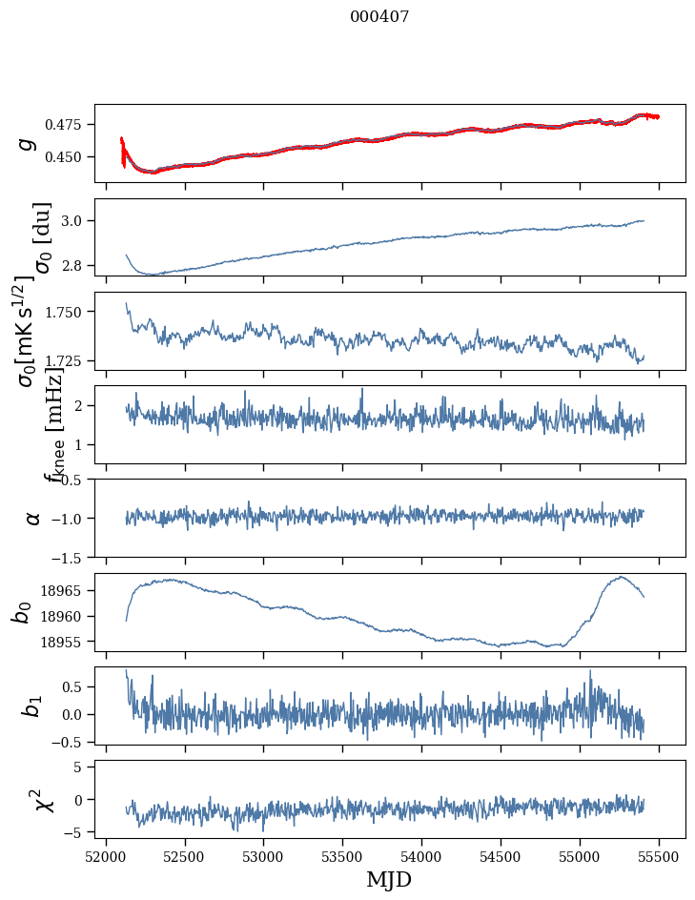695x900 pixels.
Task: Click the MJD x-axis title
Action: [x=389, y=879]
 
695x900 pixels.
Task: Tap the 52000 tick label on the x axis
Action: [x=106, y=855]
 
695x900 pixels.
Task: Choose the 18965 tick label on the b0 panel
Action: [x=65, y=591]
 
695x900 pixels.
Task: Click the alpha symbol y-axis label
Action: [x=32, y=518]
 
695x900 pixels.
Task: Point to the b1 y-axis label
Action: [x=31, y=706]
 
